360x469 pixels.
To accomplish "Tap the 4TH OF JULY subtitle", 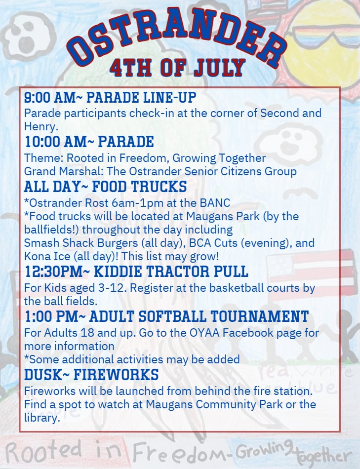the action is coord(177,68).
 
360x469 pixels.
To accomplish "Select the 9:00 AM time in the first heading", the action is coord(49,98).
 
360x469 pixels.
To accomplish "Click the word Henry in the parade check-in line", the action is coord(40,126).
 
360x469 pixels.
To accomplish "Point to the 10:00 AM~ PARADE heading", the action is coord(89,142).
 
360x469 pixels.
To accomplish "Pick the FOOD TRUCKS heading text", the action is coord(139,187).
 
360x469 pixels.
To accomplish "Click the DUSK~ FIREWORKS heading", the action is coord(91,375).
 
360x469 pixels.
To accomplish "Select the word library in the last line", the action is coord(42,418).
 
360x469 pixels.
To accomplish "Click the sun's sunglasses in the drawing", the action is coord(324,35).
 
